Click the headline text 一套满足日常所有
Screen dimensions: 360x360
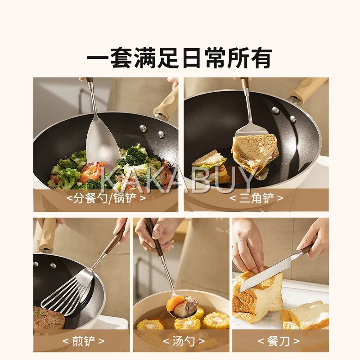(x=180, y=58)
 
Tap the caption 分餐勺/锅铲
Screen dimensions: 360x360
(x=106, y=198)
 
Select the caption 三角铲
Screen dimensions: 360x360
(x=256, y=198)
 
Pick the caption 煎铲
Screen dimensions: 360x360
(x=84, y=341)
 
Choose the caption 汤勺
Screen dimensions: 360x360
(x=184, y=341)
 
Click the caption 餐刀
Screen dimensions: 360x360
(x=279, y=341)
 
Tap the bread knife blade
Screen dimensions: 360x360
(x=270, y=272)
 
